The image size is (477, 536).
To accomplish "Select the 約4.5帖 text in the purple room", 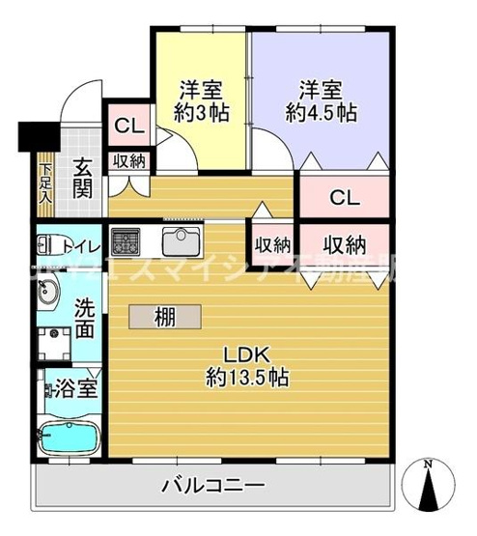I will click(x=322, y=111).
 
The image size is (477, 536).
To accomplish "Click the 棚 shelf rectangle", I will click(x=166, y=317).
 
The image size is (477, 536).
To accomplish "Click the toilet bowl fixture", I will click(x=48, y=245).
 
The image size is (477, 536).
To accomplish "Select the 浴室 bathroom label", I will click(x=74, y=392).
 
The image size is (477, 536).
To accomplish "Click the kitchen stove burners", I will click(x=127, y=240).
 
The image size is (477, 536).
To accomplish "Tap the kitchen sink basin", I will click(x=180, y=240).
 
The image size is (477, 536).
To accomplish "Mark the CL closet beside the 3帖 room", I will click(x=126, y=125).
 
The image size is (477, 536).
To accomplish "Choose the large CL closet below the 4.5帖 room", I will click(x=344, y=198).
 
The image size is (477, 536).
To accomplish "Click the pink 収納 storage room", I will click(x=344, y=242).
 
